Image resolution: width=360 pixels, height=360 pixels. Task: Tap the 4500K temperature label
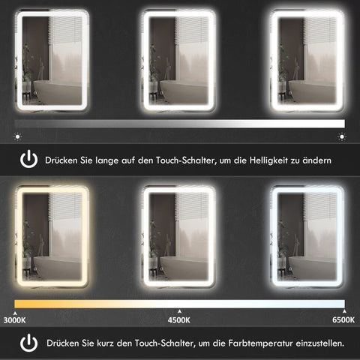(178, 319)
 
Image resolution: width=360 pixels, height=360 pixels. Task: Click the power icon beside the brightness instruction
(28, 160)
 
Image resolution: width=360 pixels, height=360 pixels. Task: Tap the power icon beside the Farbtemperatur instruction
(28, 343)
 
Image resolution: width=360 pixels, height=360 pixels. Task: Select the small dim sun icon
(16, 137)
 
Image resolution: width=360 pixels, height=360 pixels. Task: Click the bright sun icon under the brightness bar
(342, 136)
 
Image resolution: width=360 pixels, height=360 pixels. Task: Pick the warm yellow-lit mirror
(51, 238)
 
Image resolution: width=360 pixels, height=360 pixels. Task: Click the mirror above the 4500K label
(180, 238)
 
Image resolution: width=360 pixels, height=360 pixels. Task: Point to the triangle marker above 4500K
(178, 310)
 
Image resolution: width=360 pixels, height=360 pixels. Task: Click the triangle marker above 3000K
(16, 310)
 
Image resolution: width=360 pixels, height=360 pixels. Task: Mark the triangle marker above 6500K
(343, 310)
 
